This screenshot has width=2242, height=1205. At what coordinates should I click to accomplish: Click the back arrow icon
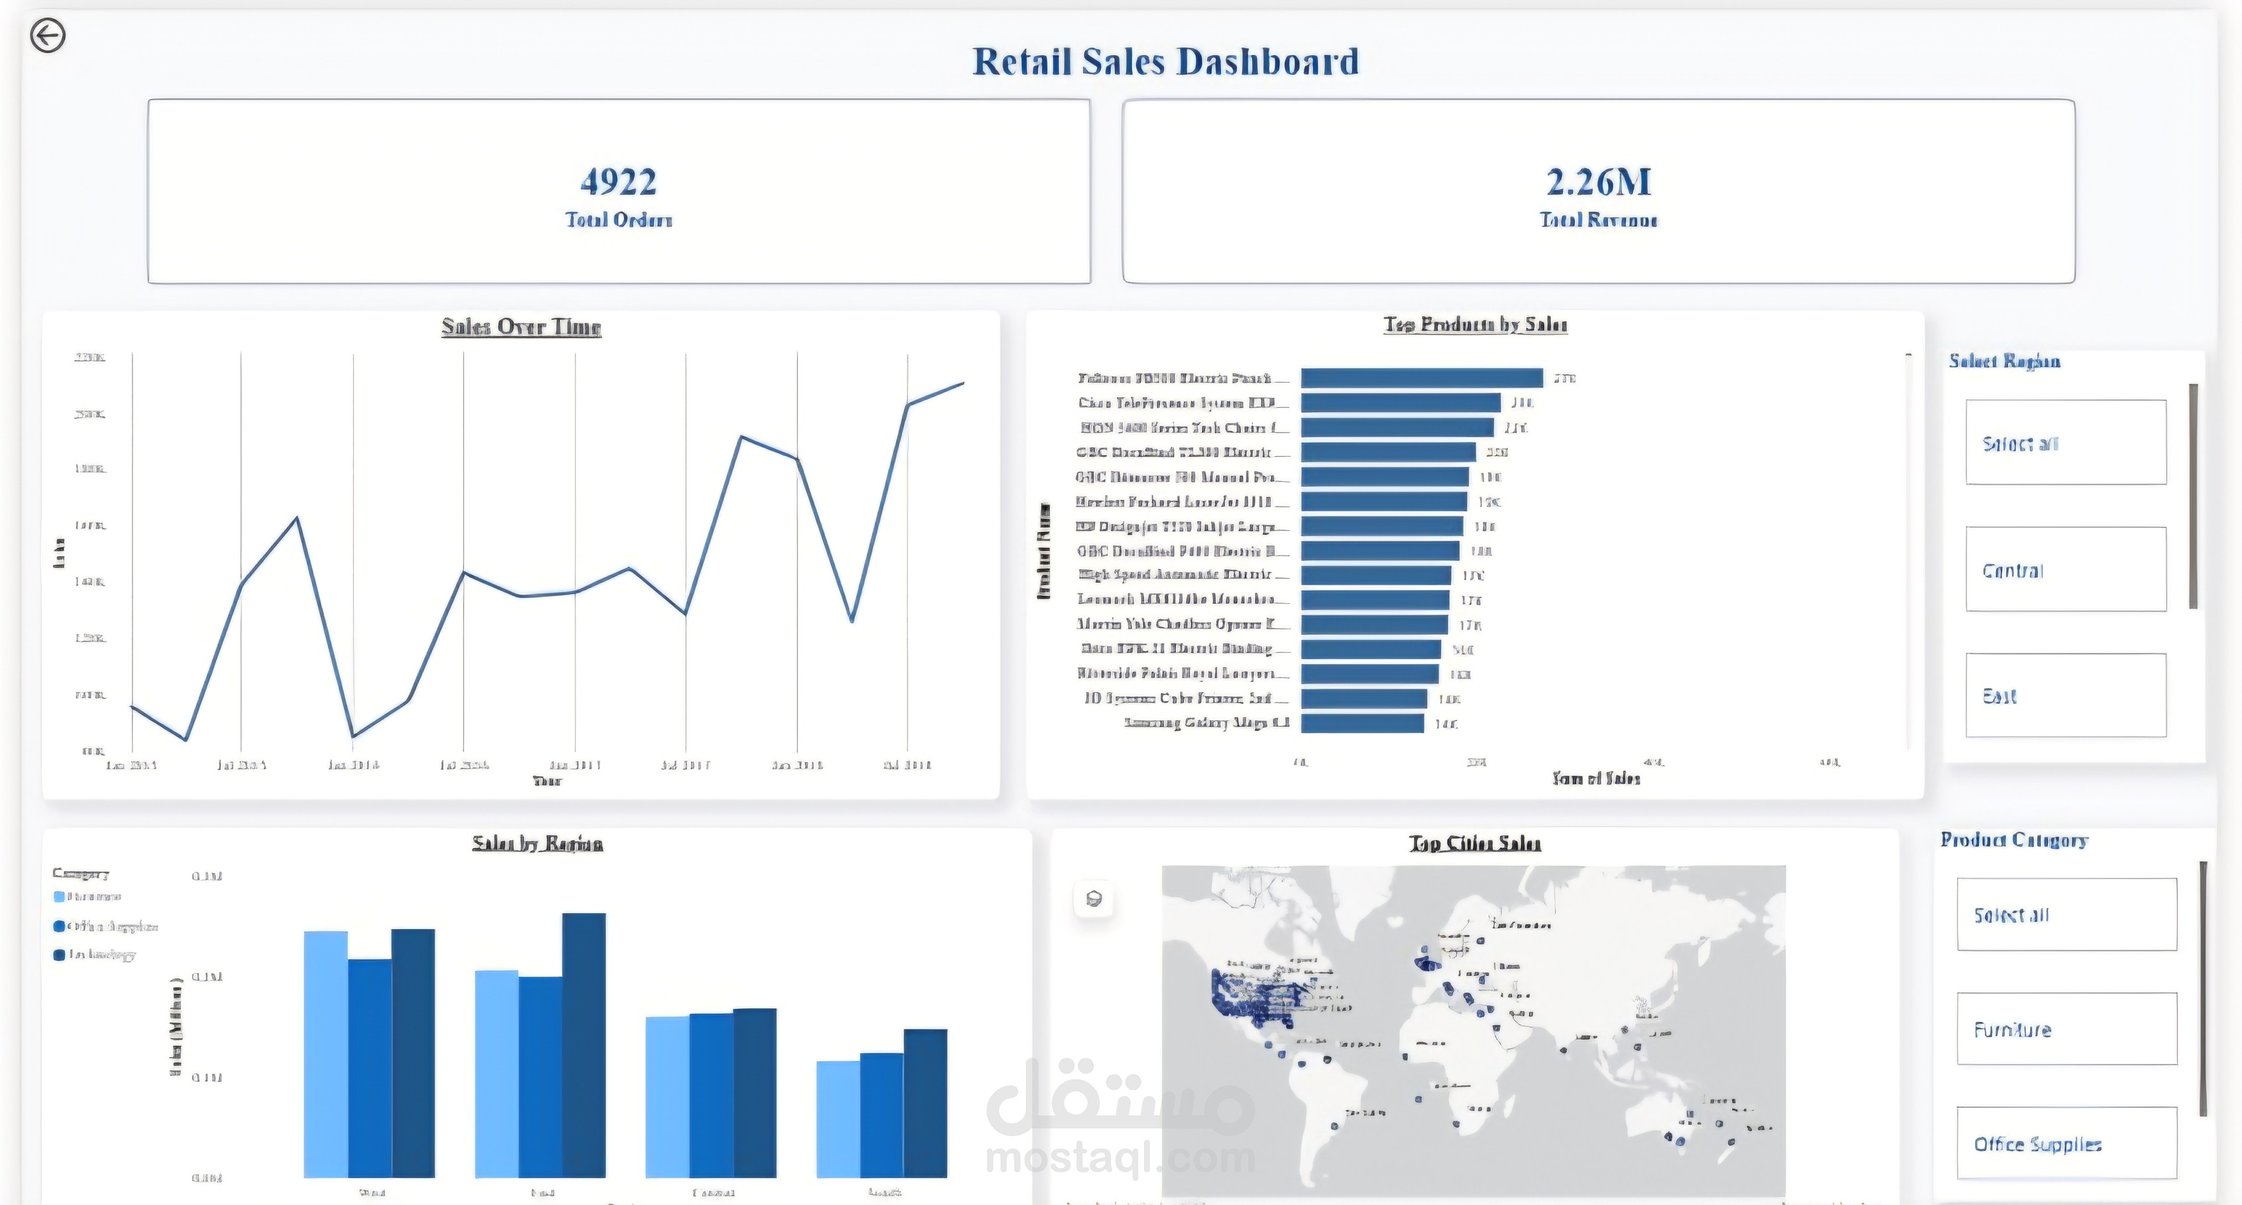coord(48,36)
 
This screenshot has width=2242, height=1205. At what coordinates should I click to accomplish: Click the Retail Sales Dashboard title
coord(1165,62)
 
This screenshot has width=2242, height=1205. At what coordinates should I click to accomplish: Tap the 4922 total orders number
coord(618,182)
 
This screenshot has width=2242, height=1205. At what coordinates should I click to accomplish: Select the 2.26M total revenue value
coord(1598,182)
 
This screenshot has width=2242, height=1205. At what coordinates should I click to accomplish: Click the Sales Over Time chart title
coord(521,327)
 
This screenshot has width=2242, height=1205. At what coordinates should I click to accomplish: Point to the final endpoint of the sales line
coord(963,383)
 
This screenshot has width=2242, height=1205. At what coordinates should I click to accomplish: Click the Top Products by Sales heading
coord(1475,324)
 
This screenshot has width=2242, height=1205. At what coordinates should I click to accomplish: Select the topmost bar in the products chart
coord(1421,377)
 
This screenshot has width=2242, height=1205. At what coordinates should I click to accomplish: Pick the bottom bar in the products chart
coord(1362,723)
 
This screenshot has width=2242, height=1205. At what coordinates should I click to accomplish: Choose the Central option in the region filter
coord(2065,570)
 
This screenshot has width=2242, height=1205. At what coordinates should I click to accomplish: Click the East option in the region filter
coord(2065,695)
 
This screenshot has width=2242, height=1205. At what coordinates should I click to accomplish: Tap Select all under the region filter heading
coord(2065,443)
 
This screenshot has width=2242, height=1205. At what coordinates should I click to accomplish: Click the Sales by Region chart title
coord(537,843)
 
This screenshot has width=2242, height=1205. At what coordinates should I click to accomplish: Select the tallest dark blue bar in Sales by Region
coord(583,1044)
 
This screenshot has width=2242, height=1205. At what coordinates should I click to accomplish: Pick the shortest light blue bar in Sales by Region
coord(838,1119)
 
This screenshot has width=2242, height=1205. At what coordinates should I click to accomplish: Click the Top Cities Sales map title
coord(1474,843)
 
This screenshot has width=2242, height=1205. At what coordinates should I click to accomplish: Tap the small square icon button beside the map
coord(1094,898)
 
